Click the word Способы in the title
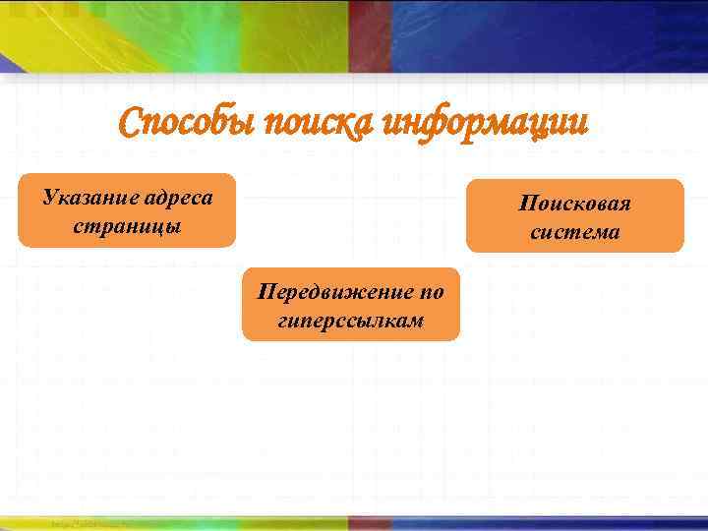tap(186, 125)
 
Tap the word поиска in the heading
tap(319, 125)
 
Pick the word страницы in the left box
tap(127, 224)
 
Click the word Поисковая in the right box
tap(575, 204)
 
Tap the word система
tap(575, 232)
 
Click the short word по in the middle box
tap(432, 291)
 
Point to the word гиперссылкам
tap(351, 320)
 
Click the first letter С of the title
tap(129, 124)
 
